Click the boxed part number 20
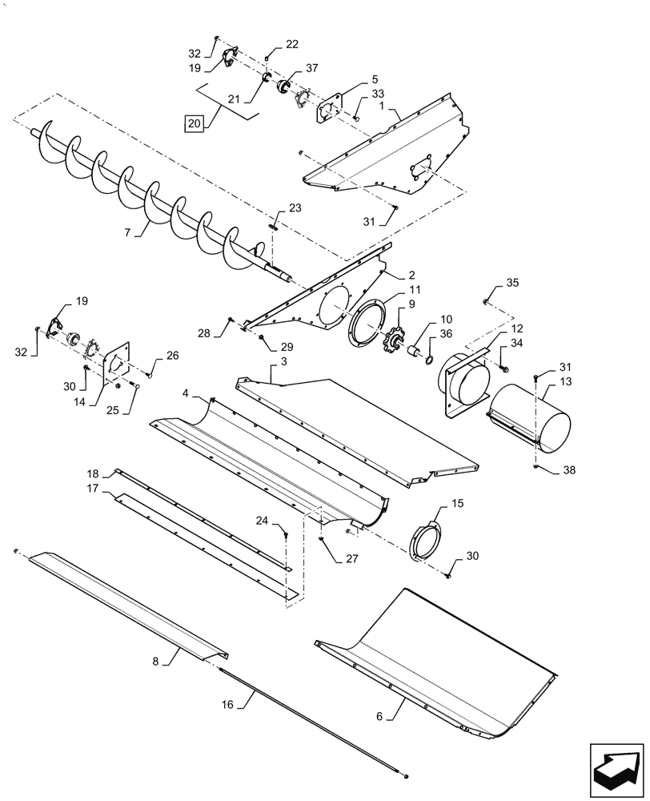(x=194, y=123)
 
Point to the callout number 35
(x=512, y=284)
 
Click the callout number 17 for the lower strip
(x=93, y=488)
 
